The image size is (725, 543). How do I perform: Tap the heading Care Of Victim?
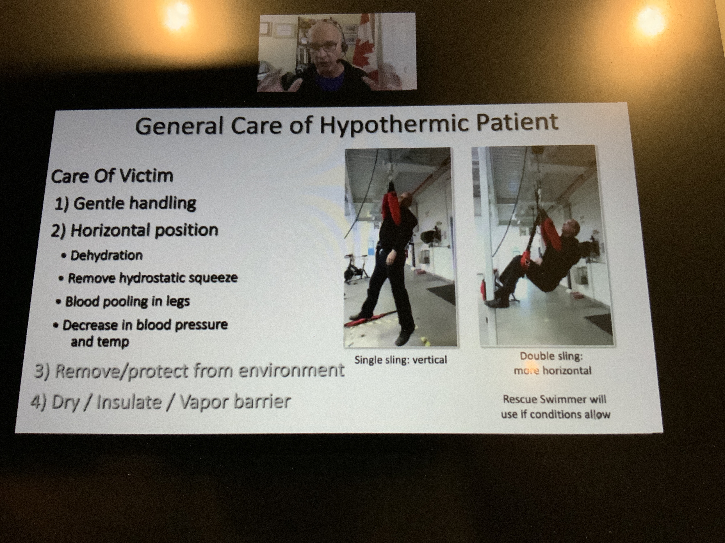[112, 176]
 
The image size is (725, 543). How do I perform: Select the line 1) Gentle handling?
[125, 204]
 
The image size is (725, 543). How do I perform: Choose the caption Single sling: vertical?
[400, 360]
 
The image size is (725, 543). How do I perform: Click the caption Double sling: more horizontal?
[552, 363]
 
